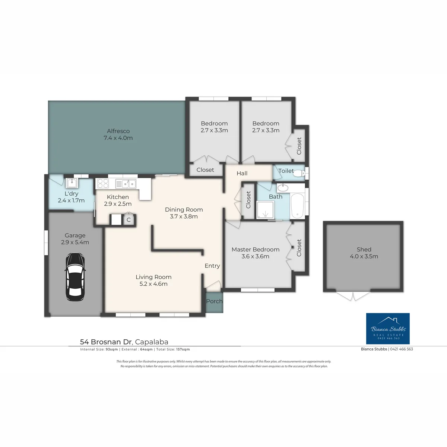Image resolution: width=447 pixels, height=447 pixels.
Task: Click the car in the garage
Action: pyautogui.click(x=75, y=276)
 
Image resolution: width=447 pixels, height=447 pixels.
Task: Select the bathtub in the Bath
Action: pyautogui.click(x=297, y=206)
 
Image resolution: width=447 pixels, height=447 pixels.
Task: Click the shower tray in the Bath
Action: pyautogui.click(x=265, y=210)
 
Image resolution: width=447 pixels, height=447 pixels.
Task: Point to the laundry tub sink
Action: pyautogui.click(x=72, y=183)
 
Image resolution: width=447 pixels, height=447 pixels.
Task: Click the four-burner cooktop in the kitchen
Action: pyautogui.click(x=103, y=184)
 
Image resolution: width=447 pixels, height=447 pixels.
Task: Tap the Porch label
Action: pyautogui.click(x=214, y=301)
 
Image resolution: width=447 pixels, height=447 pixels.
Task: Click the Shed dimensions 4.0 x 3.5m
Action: pyautogui.click(x=364, y=256)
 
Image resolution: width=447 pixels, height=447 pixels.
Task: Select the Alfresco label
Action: pyautogui.click(x=118, y=131)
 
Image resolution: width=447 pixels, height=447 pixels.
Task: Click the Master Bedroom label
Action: pyautogui.click(x=256, y=250)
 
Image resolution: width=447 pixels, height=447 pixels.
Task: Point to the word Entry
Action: pyautogui.click(x=212, y=266)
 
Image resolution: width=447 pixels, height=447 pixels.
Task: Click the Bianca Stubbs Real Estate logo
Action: pyautogui.click(x=388, y=329)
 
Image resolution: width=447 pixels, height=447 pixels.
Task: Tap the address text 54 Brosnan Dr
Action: pyautogui.click(x=106, y=342)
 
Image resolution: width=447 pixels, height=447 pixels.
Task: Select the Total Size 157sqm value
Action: pyautogui.click(x=183, y=349)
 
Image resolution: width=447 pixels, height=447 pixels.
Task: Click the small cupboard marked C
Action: pyautogui.click(x=129, y=219)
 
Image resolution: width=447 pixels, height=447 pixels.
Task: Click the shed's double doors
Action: pyautogui.click(x=353, y=296)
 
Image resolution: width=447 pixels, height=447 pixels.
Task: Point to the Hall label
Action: pyautogui.click(x=242, y=173)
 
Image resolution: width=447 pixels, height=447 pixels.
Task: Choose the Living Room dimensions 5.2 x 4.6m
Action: pyautogui.click(x=153, y=284)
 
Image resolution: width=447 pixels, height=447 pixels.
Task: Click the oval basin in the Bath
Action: pyautogui.click(x=282, y=187)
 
